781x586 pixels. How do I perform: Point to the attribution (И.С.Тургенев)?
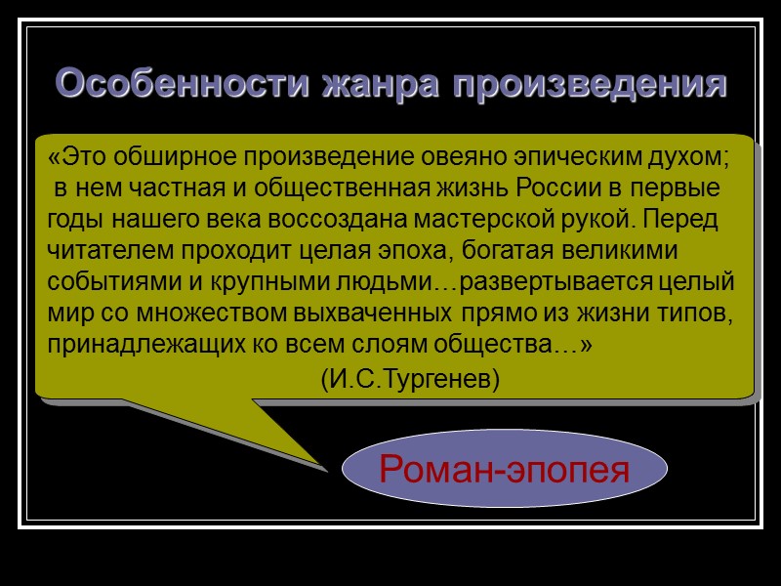[410, 379]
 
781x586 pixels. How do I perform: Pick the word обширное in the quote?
[180, 156]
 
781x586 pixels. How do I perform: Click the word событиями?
[103, 282]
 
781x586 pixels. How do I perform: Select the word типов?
[696, 314]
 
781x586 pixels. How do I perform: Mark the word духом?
[693, 156]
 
